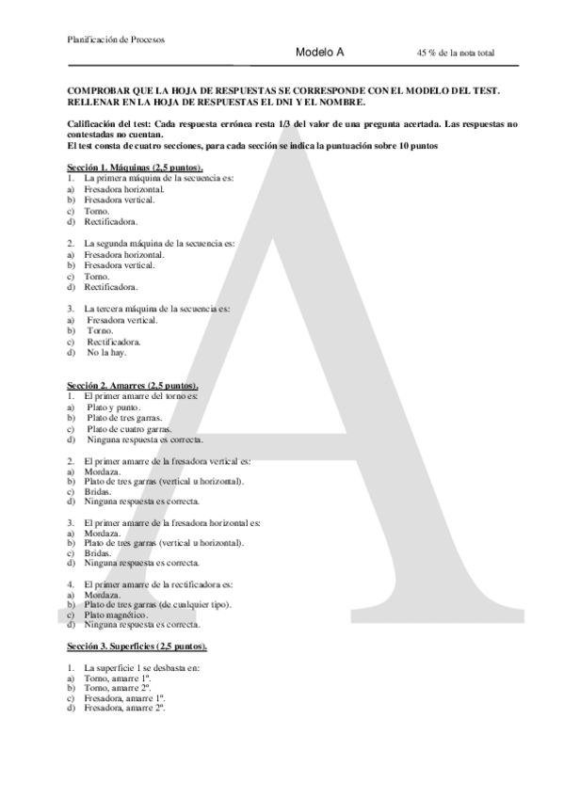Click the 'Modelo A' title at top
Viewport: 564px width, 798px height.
(319, 53)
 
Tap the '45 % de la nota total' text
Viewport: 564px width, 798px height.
(455, 54)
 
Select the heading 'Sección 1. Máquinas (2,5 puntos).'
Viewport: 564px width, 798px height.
(136, 168)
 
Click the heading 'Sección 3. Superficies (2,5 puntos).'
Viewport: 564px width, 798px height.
(137, 648)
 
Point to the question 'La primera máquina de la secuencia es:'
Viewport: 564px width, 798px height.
(145, 178)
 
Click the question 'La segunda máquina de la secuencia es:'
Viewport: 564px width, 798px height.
(146, 243)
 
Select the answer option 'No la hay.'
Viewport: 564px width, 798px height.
(107, 353)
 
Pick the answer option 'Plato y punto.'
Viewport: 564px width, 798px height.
(115, 407)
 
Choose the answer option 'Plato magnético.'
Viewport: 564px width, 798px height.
(117, 614)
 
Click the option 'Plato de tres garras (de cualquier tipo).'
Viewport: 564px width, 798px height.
(157, 604)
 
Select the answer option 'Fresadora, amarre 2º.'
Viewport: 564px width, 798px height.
(125, 708)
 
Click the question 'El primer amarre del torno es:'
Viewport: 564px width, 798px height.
(140, 397)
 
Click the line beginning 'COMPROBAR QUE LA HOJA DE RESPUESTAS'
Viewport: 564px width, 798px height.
(283, 91)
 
